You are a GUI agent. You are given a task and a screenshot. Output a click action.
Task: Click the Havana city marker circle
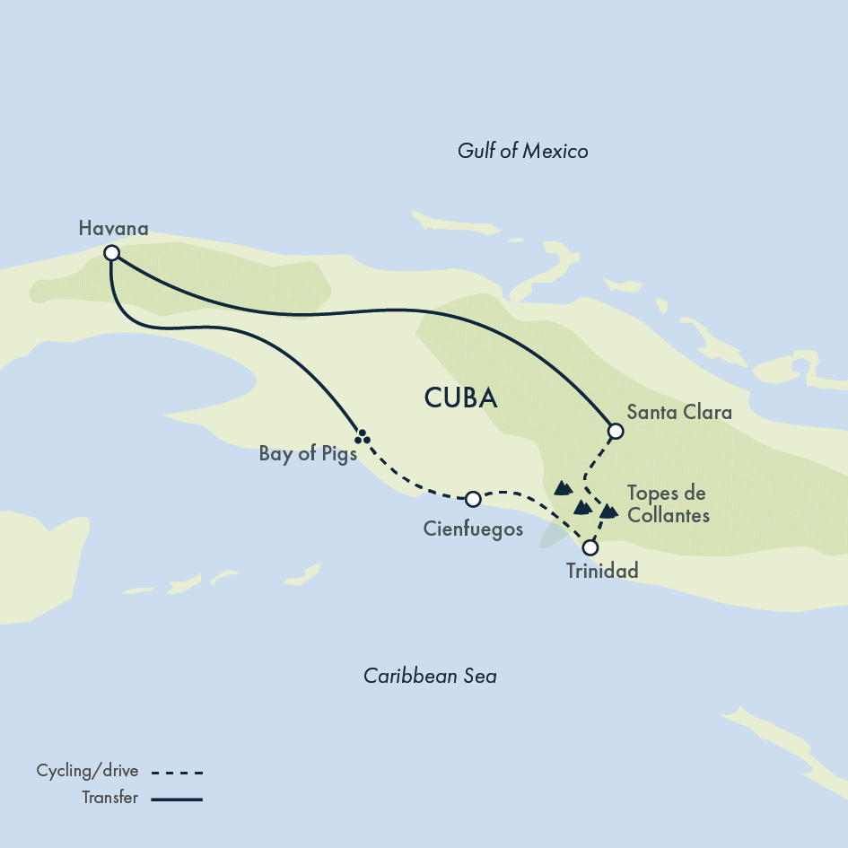(111, 253)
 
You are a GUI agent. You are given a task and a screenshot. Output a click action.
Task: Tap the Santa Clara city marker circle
(615, 432)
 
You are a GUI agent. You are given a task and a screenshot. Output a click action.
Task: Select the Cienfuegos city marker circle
(473, 499)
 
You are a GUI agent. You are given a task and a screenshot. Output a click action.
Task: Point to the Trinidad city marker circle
(590, 547)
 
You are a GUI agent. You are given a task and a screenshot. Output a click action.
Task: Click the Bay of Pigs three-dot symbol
(362, 437)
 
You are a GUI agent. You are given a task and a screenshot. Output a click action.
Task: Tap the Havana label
(113, 228)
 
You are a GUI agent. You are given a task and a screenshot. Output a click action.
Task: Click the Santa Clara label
(679, 413)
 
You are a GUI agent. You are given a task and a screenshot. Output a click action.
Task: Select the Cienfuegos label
(473, 529)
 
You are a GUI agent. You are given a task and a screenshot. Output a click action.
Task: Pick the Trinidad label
(602, 571)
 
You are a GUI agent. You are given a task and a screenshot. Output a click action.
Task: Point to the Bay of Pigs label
(308, 453)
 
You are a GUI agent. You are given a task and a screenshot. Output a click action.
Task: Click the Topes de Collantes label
(668, 503)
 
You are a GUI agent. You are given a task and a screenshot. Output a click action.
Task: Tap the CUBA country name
(460, 398)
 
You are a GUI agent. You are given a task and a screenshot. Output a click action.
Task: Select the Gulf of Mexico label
(522, 151)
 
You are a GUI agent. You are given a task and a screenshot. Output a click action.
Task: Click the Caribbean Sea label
(430, 676)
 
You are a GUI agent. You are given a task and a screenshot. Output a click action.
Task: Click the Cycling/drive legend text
(87, 771)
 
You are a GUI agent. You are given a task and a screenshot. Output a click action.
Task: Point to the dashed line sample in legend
(178, 772)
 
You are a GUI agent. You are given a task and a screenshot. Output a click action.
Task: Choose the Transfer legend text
(109, 797)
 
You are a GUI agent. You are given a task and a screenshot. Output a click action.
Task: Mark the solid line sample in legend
(178, 798)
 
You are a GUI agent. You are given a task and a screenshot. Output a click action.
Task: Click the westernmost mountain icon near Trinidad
(563, 488)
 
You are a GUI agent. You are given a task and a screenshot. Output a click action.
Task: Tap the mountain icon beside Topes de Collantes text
(609, 511)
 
